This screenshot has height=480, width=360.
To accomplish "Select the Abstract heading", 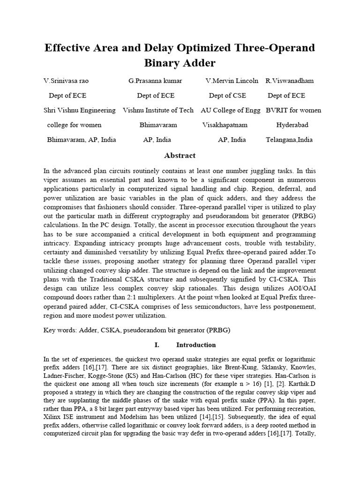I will pos(180,156).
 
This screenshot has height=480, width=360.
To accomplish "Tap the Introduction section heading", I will pos(196,345).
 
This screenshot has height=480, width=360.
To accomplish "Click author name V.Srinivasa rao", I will pos(66,81).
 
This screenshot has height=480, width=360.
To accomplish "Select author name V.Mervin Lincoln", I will pos(232,81).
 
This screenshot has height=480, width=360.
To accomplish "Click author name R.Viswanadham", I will pos(290,81).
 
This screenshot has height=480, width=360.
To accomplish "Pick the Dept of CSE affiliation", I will pos(227,96).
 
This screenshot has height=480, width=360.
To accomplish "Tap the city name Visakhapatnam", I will pos(225,125).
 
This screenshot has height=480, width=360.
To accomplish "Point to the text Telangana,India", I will pos(289,140).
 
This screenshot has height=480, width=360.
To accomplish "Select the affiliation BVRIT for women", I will pos(293,110).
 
